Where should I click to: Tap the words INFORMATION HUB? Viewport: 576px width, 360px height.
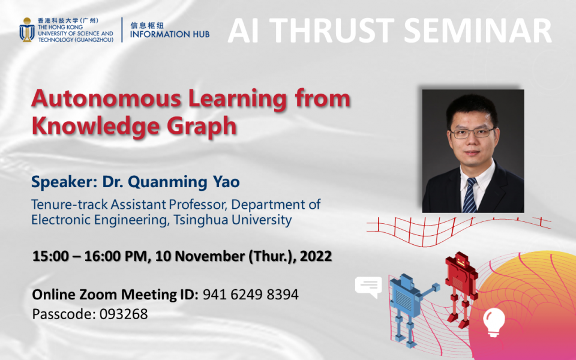[170, 34]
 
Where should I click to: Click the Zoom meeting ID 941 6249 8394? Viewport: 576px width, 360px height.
[250, 295]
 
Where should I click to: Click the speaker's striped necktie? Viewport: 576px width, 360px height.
[470, 195]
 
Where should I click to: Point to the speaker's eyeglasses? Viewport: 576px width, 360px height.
[472, 133]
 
